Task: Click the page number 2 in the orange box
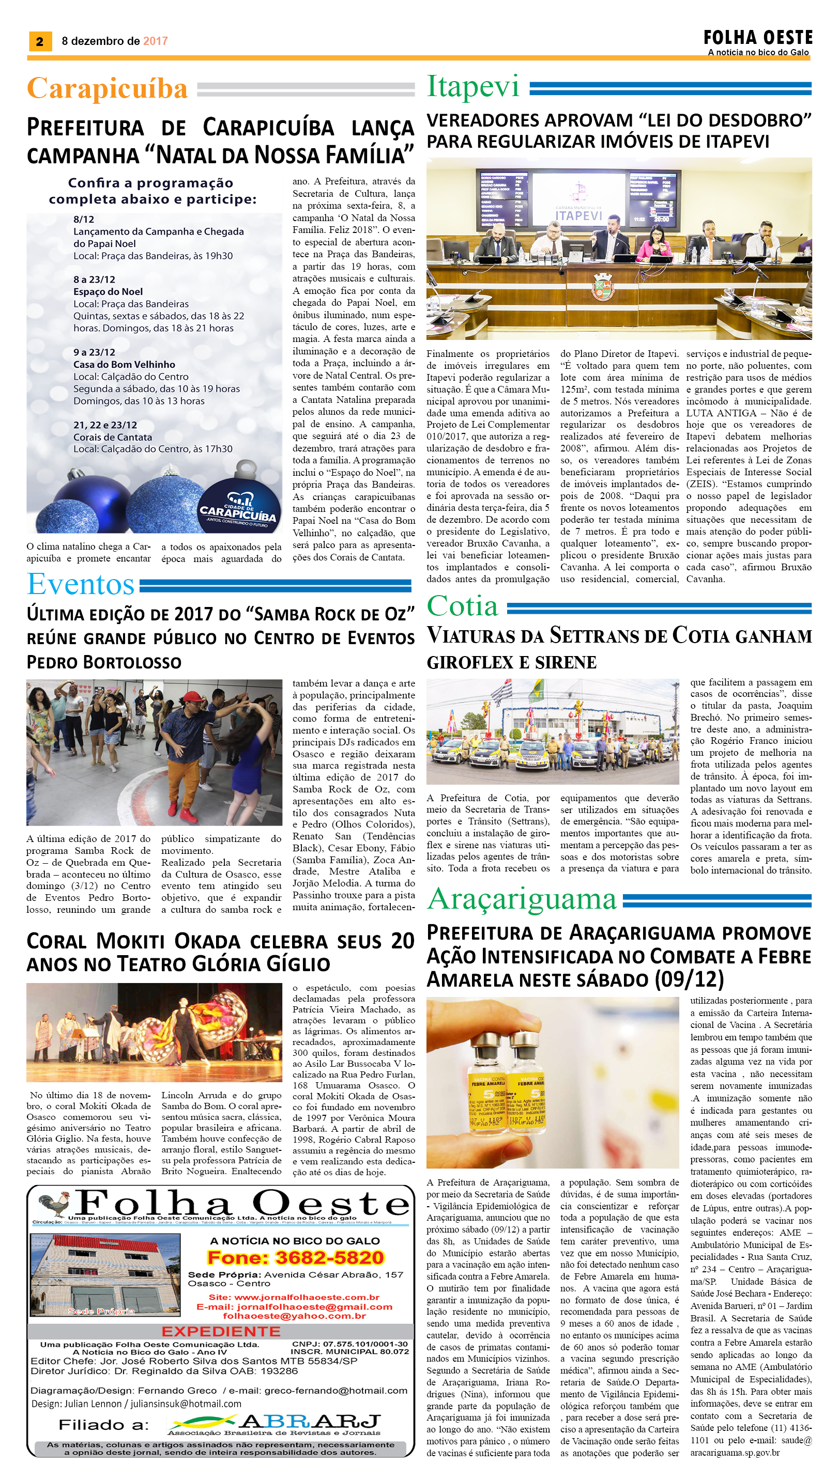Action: pyautogui.click(x=40, y=41)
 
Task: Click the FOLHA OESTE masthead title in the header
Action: pyautogui.click(x=757, y=38)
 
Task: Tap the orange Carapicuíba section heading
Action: pyautogui.click(x=107, y=89)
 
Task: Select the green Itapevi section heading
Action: pyautogui.click(x=472, y=86)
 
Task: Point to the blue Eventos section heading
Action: pyautogui.click(x=81, y=584)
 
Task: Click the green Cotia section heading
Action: pyautogui.click(x=462, y=606)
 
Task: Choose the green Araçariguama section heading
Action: pyautogui.click(x=522, y=899)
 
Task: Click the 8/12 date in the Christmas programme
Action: pyautogui.click(x=84, y=220)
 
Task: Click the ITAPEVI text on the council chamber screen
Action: pyautogui.click(x=578, y=215)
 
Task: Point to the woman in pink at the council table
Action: pyautogui.click(x=654, y=242)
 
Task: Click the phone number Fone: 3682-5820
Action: pyautogui.click(x=295, y=1257)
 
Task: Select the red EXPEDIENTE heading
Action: pyautogui.click(x=221, y=1331)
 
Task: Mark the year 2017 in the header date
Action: pyautogui.click(x=156, y=41)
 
